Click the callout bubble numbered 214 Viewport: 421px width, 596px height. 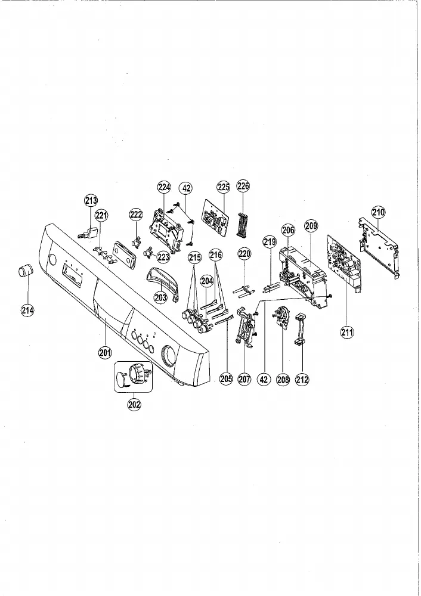click(x=27, y=311)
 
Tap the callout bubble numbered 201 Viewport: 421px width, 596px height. click(x=105, y=353)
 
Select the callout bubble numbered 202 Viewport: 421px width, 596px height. click(x=134, y=405)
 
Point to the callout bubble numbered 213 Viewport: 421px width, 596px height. click(x=91, y=200)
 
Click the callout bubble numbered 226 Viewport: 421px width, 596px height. click(x=243, y=186)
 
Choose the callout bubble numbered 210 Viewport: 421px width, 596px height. click(x=379, y=212)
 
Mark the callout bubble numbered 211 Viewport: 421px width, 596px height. click(x=347, y=333)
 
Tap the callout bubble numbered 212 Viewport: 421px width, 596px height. click(x=302, y=379)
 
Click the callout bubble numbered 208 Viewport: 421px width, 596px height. click(x=283, y=379)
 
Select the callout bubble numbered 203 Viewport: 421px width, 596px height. click(x=160, y=297)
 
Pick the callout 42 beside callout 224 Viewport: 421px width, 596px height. click(x=187, y=187)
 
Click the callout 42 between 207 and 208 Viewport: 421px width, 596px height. click(x=264, y=379)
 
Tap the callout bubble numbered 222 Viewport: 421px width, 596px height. click(x=136, y=215)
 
